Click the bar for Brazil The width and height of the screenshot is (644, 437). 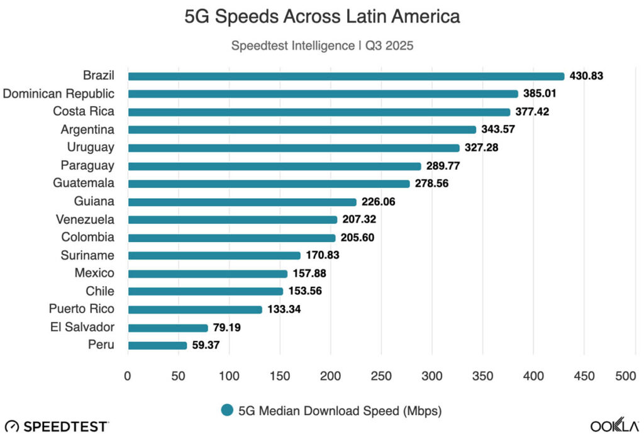346,76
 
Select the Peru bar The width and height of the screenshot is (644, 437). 157,345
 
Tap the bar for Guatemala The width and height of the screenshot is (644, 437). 269,184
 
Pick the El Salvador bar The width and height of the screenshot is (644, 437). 168,328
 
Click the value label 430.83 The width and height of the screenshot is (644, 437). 586,76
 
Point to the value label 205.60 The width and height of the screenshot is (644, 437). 357,238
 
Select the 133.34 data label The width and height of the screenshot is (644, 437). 284,309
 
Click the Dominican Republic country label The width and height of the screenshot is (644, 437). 58,94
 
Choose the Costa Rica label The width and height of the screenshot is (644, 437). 83,112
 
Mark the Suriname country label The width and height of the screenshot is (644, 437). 87,255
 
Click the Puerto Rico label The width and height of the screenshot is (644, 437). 82,309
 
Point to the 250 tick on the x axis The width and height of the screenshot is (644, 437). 382,376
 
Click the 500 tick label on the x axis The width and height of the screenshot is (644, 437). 626,376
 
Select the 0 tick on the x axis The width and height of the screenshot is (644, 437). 128,376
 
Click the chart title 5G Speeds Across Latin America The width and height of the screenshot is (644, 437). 322,17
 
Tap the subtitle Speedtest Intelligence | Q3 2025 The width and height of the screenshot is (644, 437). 322,46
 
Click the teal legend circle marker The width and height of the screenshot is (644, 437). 228,411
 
